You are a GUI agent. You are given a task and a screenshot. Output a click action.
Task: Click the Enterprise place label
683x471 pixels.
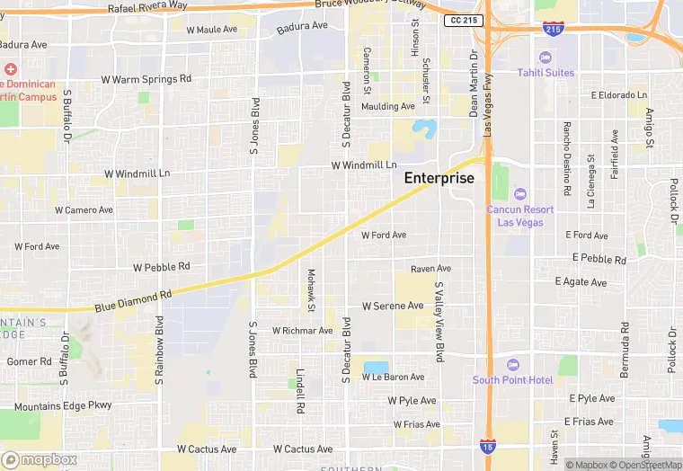pyautogui.click(x=439, y=178)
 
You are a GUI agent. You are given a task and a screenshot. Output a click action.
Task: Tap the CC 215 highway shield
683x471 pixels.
pyautogui.click(x=464, y=20)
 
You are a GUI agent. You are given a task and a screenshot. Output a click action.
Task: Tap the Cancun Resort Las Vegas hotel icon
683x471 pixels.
pyautogui.click(x=519, y=194)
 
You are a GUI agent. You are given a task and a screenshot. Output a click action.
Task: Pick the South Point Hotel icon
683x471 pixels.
pyautogui.click(x=513, y=365)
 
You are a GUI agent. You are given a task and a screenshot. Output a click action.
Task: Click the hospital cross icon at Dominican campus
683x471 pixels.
pyautogui.click(x=10, y=69)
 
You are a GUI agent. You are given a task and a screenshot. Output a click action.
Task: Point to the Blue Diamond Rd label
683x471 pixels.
pyautogui.click(x=132, y=301)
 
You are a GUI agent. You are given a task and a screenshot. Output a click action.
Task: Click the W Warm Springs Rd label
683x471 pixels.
pyautogui.click(x=146, y=79)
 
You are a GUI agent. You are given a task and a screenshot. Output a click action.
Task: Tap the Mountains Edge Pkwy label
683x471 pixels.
pyautogui.click(x=63, y=406)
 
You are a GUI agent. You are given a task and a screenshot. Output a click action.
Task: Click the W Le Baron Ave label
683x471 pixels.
pyautogui.click(x=393, y=378)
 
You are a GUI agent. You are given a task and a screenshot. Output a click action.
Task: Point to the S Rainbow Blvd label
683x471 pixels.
pyautogui.click(x=159, y=351)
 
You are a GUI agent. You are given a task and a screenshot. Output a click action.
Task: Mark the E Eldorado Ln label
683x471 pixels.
pyautogui.click(x=619, y=95)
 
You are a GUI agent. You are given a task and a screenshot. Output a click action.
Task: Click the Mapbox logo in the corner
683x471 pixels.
pyautogui.click(x=40, y=459)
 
